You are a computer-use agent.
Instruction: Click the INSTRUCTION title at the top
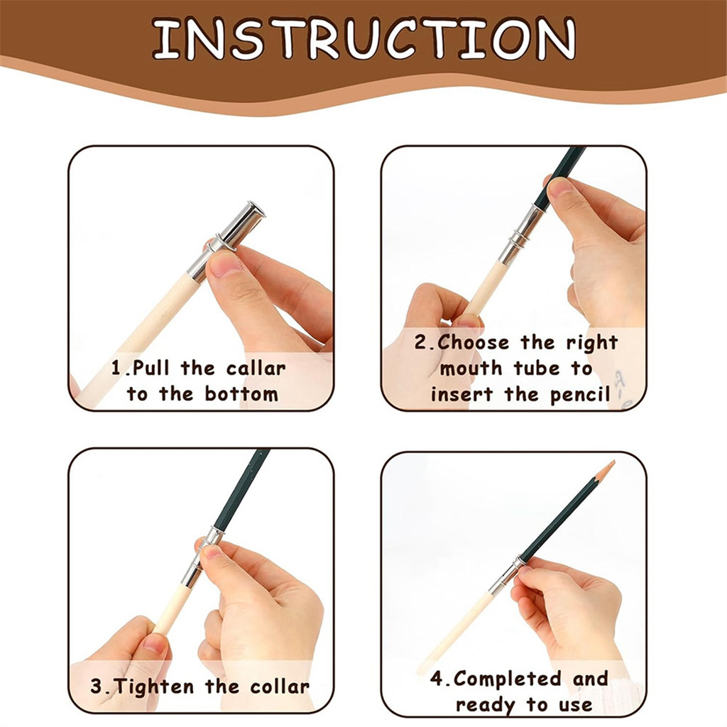coord(364,39)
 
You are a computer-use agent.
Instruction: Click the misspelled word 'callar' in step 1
coord(256,368)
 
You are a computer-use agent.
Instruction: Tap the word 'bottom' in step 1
coord(241,394)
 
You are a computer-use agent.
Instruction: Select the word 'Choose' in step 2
coord(473,343)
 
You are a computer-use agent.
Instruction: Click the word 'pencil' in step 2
coord(580,395)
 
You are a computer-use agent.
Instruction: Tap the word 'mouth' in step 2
coord(471,369)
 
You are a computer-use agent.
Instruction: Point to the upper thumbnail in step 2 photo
coord(560,187)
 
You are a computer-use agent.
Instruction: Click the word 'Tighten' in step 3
coord(154,687)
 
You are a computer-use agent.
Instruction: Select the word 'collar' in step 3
coord(280,687)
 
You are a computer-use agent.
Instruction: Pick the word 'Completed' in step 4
coord(508,679)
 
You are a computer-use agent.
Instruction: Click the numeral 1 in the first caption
coord(116,368)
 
